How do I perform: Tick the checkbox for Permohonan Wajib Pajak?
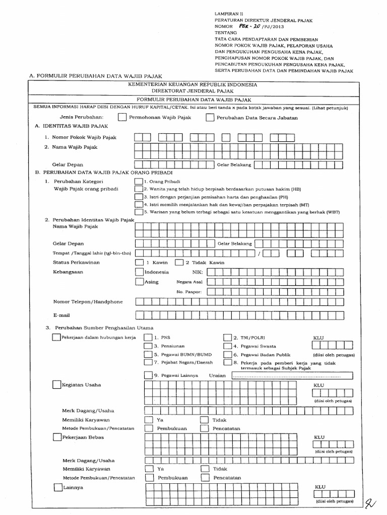[x=122, y=118]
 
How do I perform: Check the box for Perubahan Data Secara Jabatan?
[x=210, y=118]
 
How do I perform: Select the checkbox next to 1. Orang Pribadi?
[x=139, y=181]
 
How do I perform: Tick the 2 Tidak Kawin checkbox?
[x=179, y=262]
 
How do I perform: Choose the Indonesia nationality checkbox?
[x=140, y=272]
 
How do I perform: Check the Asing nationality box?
[x=140, y=282]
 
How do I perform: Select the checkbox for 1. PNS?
[x=148, y=338]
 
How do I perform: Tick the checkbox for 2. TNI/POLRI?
[x=227, y=338]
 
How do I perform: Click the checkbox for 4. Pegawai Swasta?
[x=227, y=346]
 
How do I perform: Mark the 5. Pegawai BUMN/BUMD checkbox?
[x=148, y=354]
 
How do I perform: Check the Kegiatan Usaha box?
[x=56, y=385]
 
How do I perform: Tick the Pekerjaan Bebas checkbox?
[x=56, y=438]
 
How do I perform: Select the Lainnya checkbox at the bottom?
[x=56, y=487]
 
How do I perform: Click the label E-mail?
[x=61, y=315]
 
